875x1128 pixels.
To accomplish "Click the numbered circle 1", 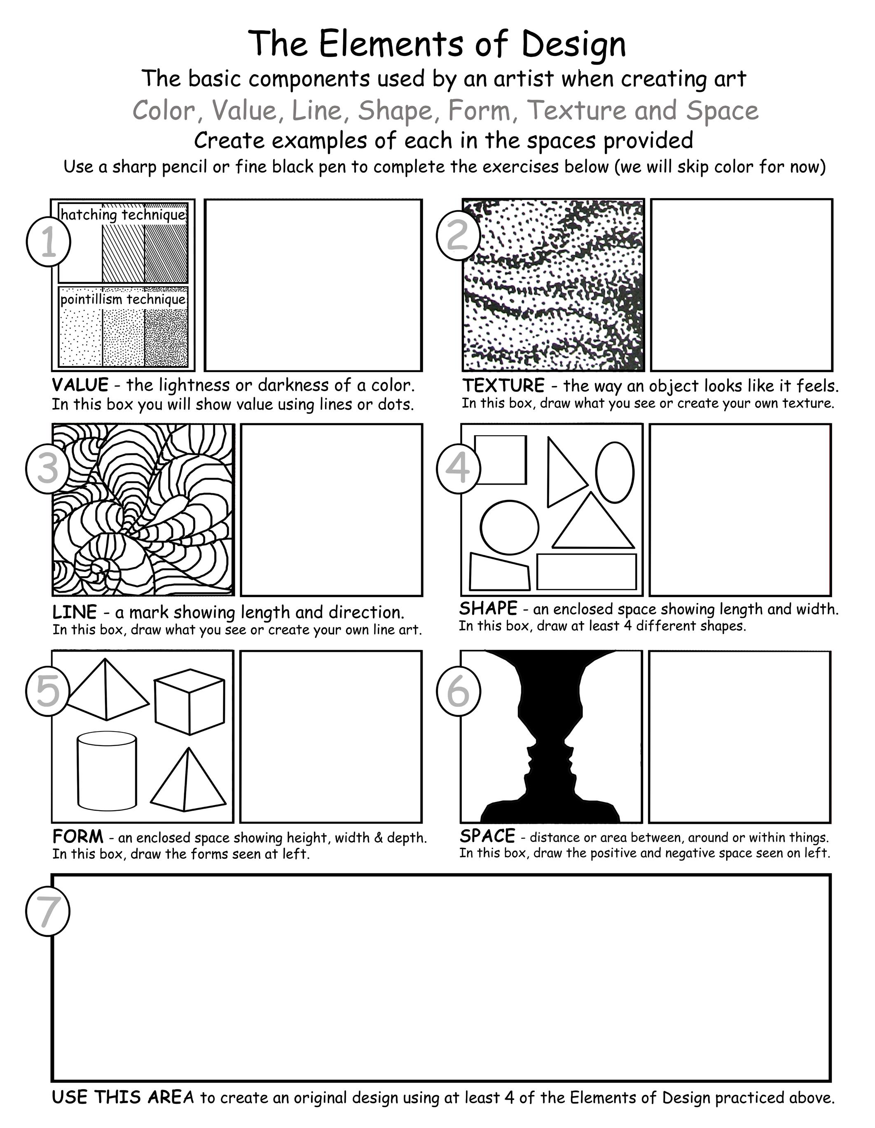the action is [x=49, y=242].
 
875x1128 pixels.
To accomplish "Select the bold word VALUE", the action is [x=80, y=385].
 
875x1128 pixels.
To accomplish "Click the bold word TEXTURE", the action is [x=503, y=385].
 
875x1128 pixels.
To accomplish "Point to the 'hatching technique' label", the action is [x=123, y=215].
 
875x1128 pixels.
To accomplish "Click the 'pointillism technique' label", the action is [x=123, y=299].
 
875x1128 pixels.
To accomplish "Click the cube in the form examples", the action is [x=190, y=701].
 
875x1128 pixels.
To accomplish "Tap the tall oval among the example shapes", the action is [x=614, y=471].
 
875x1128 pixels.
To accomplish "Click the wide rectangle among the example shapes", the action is [x=587, y=572].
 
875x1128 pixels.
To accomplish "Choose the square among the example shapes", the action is [x=500, y=460].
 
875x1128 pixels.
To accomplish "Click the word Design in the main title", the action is [x=574, y=44].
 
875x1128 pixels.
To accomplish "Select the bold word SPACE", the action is [x=487, y=836].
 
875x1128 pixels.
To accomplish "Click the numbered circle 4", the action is [x=459, y=468].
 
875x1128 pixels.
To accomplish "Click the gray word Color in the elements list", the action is [x=164, y=110].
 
